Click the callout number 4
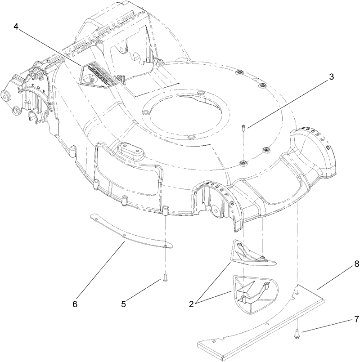(16, 27)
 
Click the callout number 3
(331, 76)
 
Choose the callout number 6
(75, 304)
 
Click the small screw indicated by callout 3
(243, 128)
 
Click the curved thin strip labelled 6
(130, 232)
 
